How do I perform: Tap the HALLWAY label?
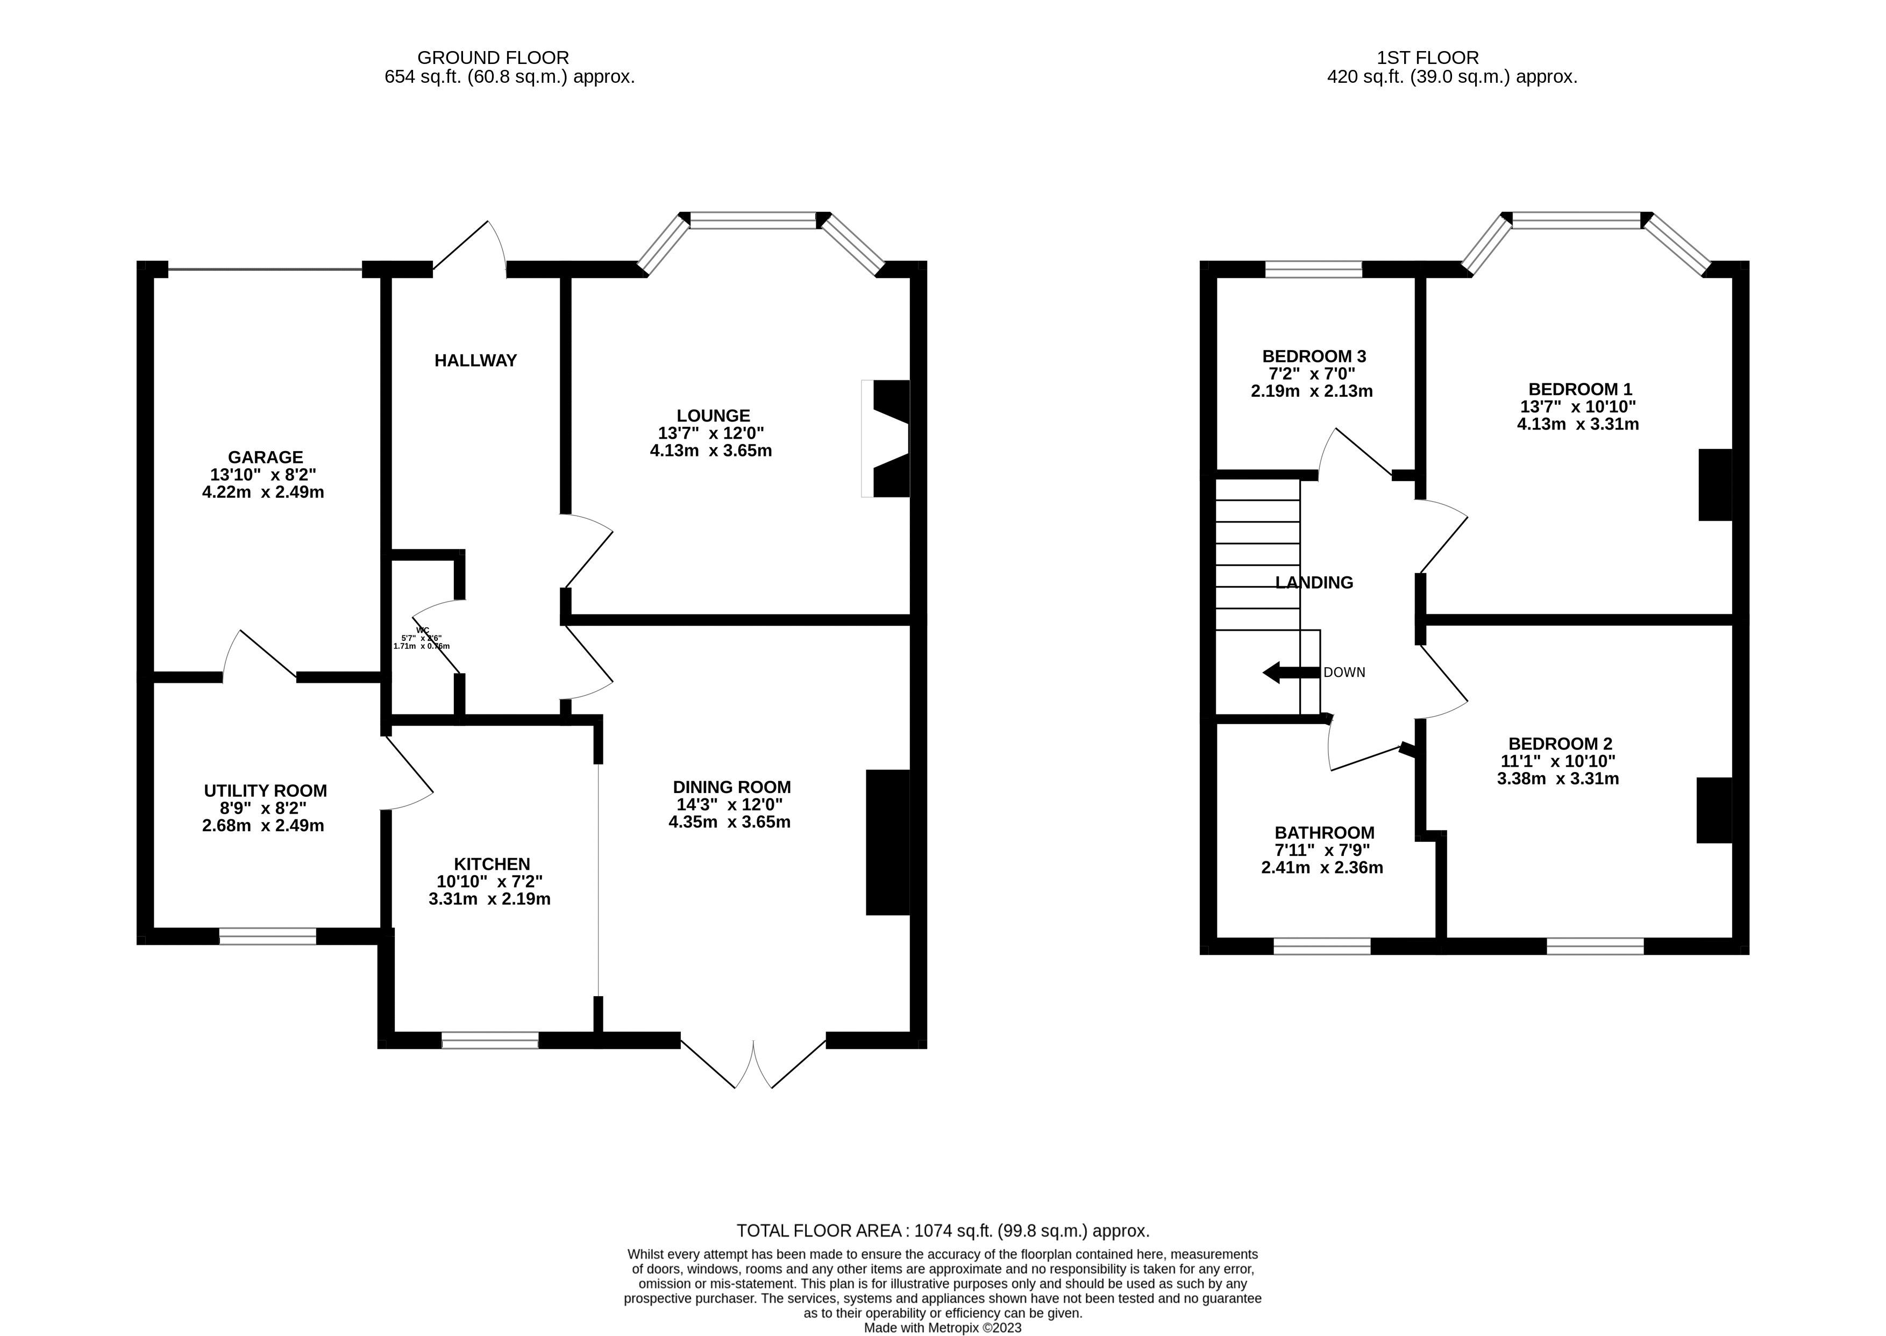[475, 360]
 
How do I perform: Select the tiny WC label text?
[422, 630]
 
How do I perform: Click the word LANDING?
[1313, 582]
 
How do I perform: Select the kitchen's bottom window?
[489, 1040]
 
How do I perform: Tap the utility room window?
[267, 936]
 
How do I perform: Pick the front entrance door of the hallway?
[469, 247]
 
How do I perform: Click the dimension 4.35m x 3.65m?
[729, 822]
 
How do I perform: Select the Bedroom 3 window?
[1313, 269]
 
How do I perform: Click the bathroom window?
[1321, 946]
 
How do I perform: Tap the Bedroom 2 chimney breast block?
[1714, 810]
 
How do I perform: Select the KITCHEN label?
[491, 864]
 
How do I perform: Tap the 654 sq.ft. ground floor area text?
[509, 77]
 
